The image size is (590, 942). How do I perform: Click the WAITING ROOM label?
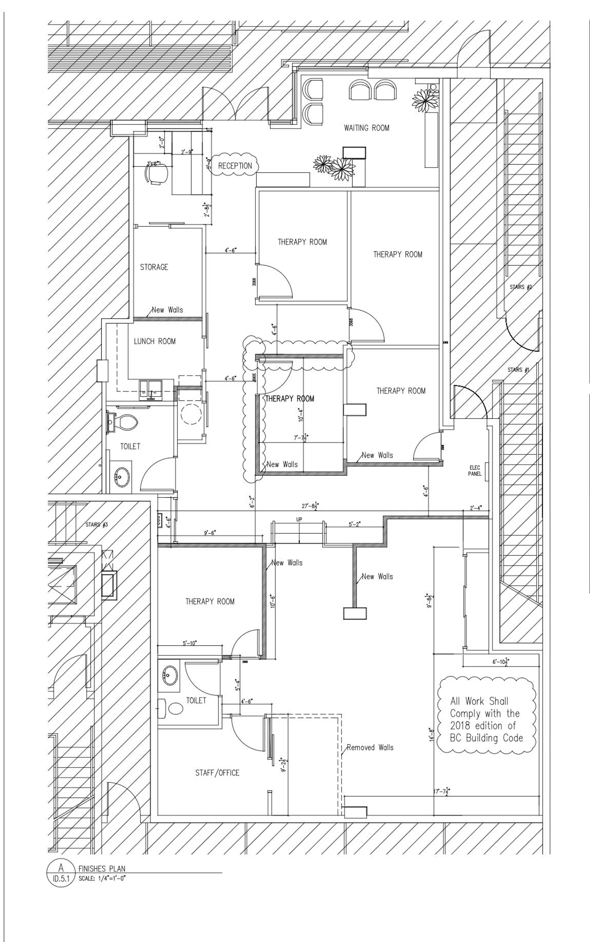(366, 128)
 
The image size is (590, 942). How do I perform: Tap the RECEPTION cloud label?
(235, 166)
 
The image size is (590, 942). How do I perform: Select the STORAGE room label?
(154, 267)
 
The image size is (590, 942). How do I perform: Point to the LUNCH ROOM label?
(155, 341)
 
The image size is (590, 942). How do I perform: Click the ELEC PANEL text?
(475, 471)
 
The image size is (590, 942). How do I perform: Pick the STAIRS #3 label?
(96, 525)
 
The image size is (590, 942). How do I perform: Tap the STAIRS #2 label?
(521, 287)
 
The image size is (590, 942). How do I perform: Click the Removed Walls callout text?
(370, 747)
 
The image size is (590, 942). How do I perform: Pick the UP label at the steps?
(299, 520)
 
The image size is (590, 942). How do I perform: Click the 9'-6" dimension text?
(210, 533)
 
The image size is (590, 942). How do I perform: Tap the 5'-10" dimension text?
(190, 643)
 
